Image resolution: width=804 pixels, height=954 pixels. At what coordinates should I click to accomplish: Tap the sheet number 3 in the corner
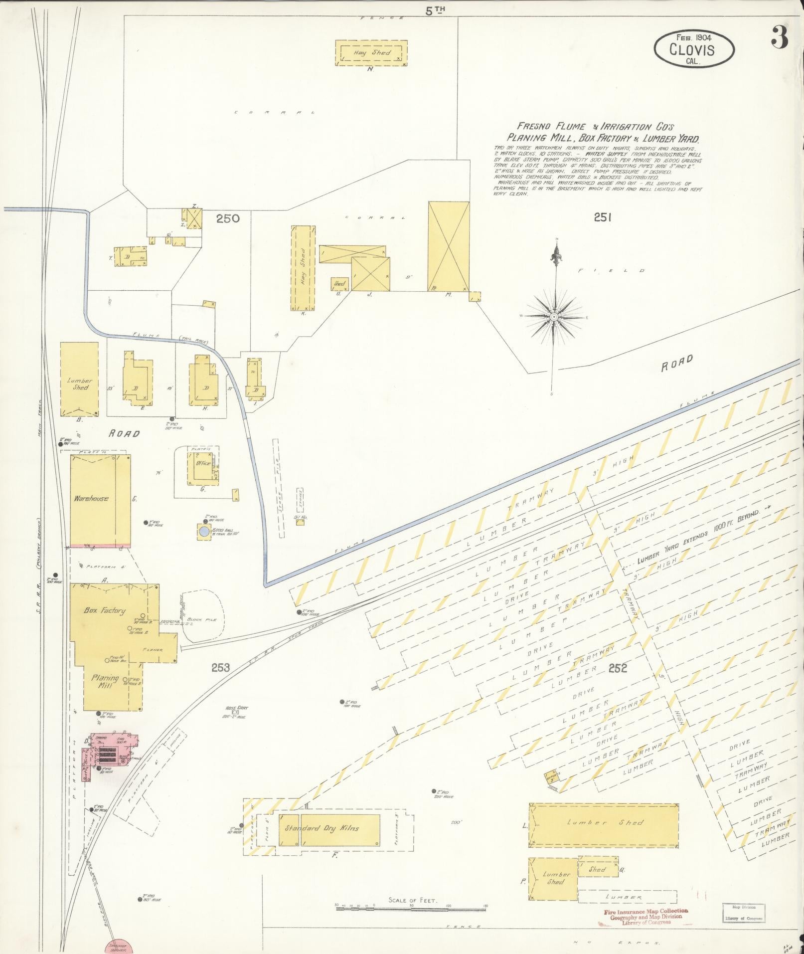click(x=779, y=37)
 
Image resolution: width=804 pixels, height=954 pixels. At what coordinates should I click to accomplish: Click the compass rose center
click(x=554, y=317)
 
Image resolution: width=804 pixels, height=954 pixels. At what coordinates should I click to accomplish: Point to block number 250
click(x=228, y=218)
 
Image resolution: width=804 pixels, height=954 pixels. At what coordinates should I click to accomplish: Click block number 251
click(x=602, y=217)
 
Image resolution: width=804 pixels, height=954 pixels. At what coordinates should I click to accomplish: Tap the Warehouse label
click(x=91, y=498)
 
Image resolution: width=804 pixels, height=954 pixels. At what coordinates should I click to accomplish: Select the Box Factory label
click(x=104, y=611)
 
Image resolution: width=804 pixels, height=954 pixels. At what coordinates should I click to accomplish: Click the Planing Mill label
click(x=105, y=682)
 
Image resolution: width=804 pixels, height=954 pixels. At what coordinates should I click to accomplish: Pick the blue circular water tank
click(x=204, y=532)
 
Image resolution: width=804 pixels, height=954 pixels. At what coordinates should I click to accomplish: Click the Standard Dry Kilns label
click(x=322, y=828)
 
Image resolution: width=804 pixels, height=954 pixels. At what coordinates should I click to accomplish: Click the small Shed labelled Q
click(x=597, y=869)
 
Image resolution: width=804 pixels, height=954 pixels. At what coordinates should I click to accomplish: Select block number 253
click(x=220, y=667)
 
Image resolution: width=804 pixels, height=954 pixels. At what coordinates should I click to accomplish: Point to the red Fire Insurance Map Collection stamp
click(x=645, y=917)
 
